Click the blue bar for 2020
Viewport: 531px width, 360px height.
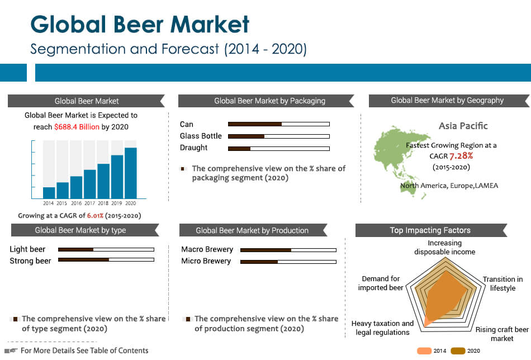130,173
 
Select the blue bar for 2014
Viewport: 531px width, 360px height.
49,192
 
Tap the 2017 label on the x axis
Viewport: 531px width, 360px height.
89,203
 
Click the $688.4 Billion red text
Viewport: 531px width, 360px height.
77,127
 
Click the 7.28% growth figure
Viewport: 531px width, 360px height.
461,155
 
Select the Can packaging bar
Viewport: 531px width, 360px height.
278,124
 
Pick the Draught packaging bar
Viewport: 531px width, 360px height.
278,148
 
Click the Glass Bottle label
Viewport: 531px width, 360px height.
201,136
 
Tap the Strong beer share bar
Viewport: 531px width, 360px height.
106,260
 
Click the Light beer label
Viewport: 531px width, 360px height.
27,249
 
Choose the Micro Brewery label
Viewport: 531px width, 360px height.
206,261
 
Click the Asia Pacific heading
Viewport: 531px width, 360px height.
463,126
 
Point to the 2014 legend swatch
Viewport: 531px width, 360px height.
425,351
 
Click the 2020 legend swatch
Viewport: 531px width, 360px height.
458,351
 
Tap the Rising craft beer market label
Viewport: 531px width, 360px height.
502,334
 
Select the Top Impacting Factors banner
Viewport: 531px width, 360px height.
430,230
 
